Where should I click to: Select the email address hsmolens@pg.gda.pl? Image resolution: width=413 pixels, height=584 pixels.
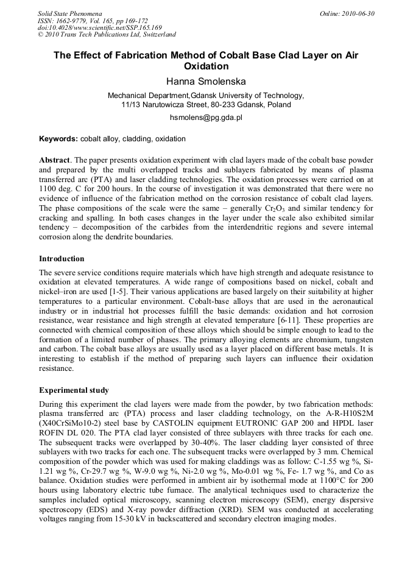pos(205,118)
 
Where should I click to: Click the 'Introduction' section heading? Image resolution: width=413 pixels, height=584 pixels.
pos(62,259)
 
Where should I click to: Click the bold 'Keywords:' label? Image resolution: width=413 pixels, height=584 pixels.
pos(58,139)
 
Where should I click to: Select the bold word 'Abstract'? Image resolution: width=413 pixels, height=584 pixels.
pos(55,159)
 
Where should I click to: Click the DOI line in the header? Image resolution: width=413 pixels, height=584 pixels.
pos(100,27)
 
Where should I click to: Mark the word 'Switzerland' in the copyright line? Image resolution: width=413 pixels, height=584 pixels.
pos(155,35)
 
